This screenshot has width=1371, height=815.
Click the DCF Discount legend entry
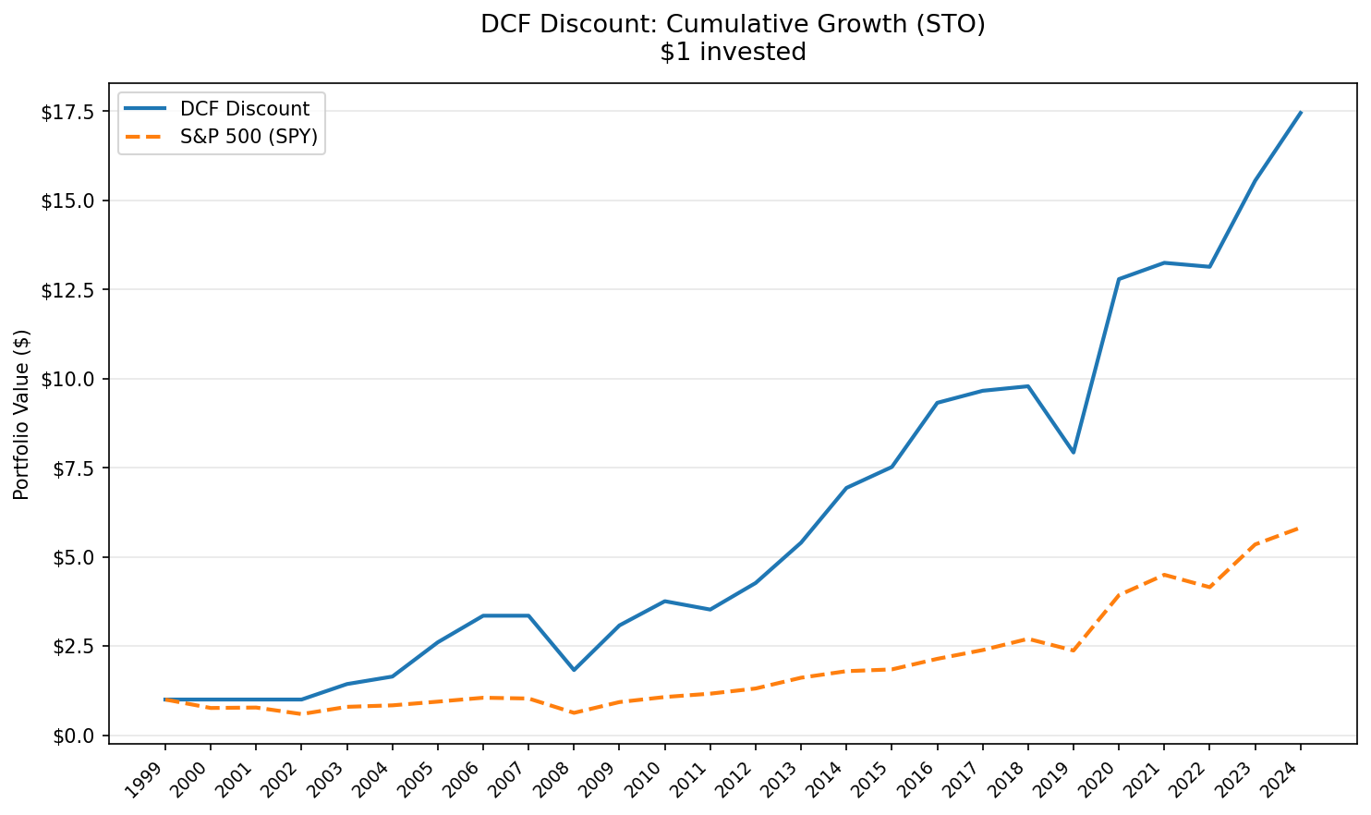pyautogui.click(x=244, y=109)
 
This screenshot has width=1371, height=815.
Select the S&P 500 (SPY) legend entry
pyautogui.click(x=248, y=137)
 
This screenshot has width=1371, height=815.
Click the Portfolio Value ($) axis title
pyautogui.click(x=22, y=414)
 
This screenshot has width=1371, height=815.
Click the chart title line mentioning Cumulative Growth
pyautogui.click(x=733, y=24)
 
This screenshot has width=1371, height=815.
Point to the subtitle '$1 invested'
pyautogui.click(x=733, y=53)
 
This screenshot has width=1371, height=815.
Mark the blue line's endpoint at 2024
pyautogui.click(x=1300, y=112)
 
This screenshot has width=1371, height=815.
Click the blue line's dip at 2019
pyautogui.click(x=1073, y=452)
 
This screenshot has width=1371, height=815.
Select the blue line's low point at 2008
pyautogui.click(x=574, y=670)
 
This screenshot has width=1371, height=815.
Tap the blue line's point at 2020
pyautogui.click(x=1119, y=279)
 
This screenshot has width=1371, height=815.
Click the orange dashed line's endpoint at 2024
pyautogui.click(x=1300, y=528)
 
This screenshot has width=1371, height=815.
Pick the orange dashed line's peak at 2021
pyautogui.click(x=1164, y=574)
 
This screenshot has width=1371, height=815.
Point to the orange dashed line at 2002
pyautogui.click(x=301, y=714)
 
